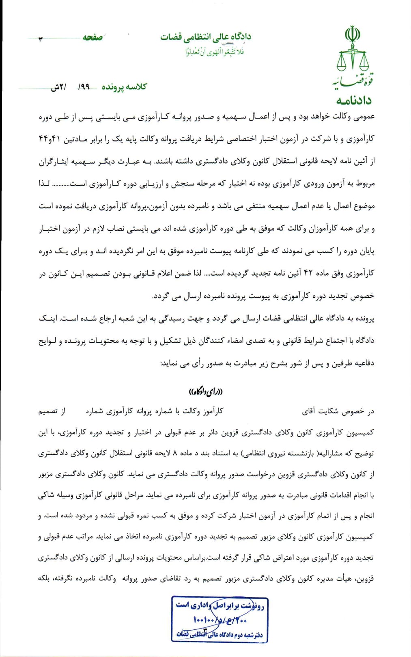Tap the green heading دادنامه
pos(353,100)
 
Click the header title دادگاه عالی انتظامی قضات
pos(205,37)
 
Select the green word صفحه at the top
pos(93,37)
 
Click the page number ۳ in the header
pos(40,39)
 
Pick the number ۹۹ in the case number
pos(84,87)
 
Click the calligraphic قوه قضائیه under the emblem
pos(353,81)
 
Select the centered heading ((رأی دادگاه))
pos(206,391)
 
